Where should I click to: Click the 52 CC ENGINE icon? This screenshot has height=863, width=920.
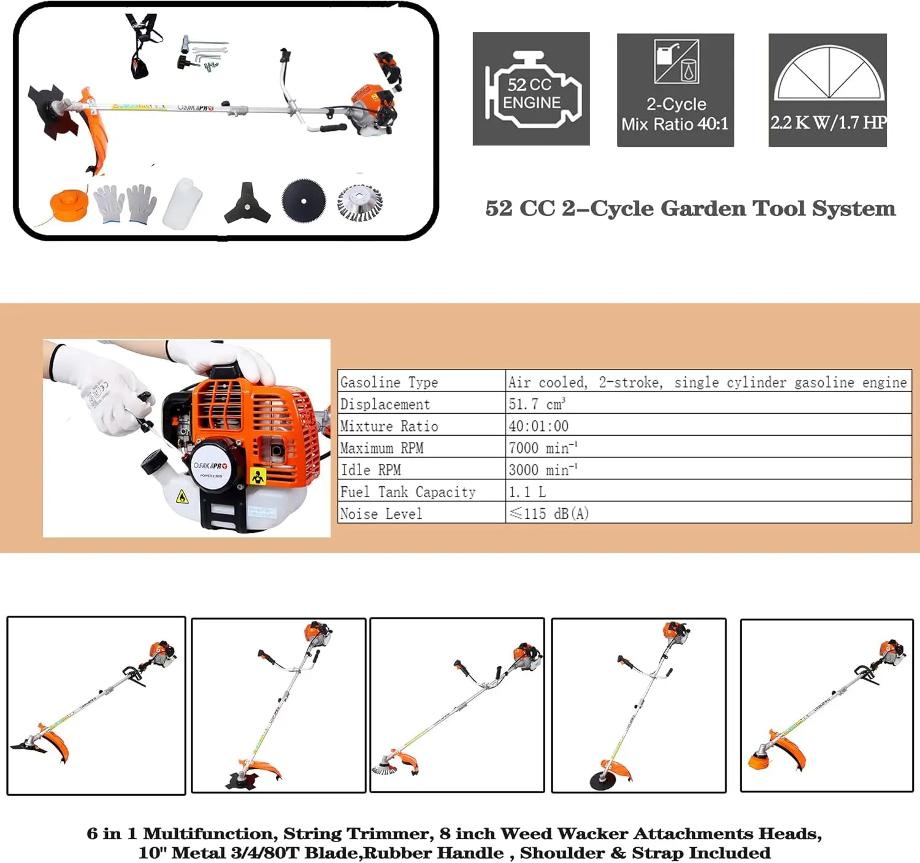coord(531,89)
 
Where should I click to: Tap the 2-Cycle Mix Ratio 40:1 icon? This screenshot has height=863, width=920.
coord(675,90)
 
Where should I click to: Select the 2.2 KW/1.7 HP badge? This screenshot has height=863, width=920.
coord(827,90)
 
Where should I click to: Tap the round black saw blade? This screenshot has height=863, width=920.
coord(304,200)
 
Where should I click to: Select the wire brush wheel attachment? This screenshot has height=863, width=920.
coord(360,203)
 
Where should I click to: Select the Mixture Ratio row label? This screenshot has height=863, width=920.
coord(389,426)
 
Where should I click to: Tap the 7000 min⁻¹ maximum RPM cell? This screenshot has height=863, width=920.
coord(542,448)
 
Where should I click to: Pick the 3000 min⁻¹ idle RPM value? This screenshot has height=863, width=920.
coord(542,470)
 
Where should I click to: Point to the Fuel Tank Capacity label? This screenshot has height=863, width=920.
coord(408,492)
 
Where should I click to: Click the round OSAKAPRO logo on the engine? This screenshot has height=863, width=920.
coord(210,468)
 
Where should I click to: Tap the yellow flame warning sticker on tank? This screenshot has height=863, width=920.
coord(182,497)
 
